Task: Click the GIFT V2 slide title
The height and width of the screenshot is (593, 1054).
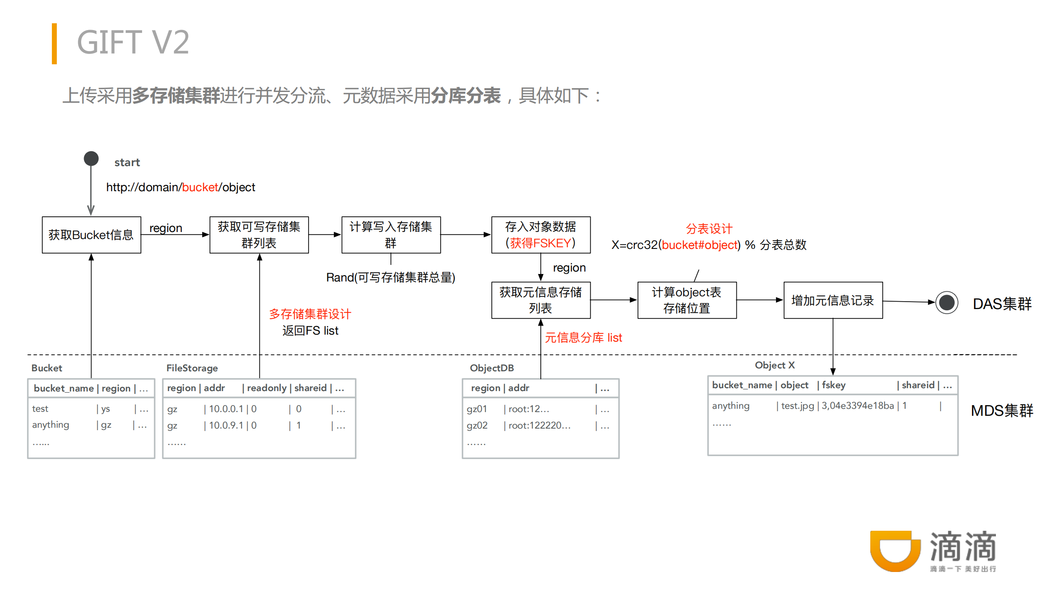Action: click(133, 42)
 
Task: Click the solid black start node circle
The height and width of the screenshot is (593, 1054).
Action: click(91, 159)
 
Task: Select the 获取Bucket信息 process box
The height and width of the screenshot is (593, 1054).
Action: click(91, 235)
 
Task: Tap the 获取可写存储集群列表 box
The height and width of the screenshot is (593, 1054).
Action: click(259, 235)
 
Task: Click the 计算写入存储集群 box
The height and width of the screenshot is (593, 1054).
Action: click(391, 235)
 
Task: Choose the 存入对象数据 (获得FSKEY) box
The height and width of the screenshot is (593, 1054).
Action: click(540, 235)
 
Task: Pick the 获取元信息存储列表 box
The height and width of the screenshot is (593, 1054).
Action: click(540, 300)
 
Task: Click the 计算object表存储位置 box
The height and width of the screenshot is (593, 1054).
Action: click(687, 300)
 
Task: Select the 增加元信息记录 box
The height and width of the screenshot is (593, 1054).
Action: click(833, 300)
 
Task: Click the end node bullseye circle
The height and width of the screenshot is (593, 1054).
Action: click(946, 303)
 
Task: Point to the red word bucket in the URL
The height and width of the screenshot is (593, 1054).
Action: click(200, 188)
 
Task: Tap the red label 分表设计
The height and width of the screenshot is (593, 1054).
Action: click(709, 229)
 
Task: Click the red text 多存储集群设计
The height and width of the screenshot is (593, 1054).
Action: click(310, 314)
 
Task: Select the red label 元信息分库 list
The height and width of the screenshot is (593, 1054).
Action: click(583, 338)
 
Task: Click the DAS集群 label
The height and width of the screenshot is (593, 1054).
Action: click(1002, 304)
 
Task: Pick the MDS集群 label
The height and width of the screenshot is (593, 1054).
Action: click(1002, 411)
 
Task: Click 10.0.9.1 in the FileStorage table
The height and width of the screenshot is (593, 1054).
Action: click(226, 425)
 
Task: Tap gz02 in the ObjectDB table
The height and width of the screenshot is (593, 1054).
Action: click(477, 425)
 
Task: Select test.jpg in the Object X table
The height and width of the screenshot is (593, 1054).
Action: click(797, 406)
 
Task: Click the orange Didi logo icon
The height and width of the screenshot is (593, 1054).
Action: click(895, 551)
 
